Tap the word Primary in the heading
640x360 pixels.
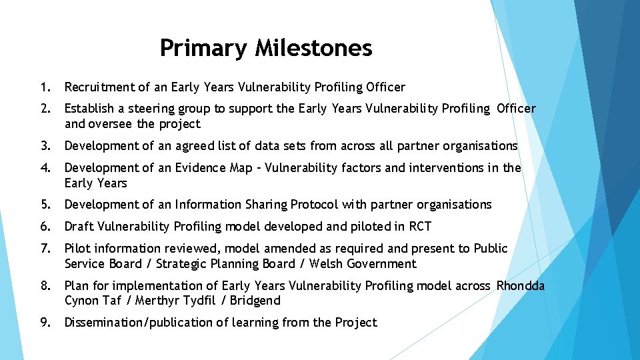(203, 48)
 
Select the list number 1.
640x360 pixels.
(43, 87)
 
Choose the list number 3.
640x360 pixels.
(43, 146)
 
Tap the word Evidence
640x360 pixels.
(201, 168)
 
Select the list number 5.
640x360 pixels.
(43, 205)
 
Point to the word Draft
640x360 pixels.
(79, 227)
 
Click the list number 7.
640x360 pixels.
(43, 249)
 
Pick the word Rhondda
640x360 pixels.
(520, 286)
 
